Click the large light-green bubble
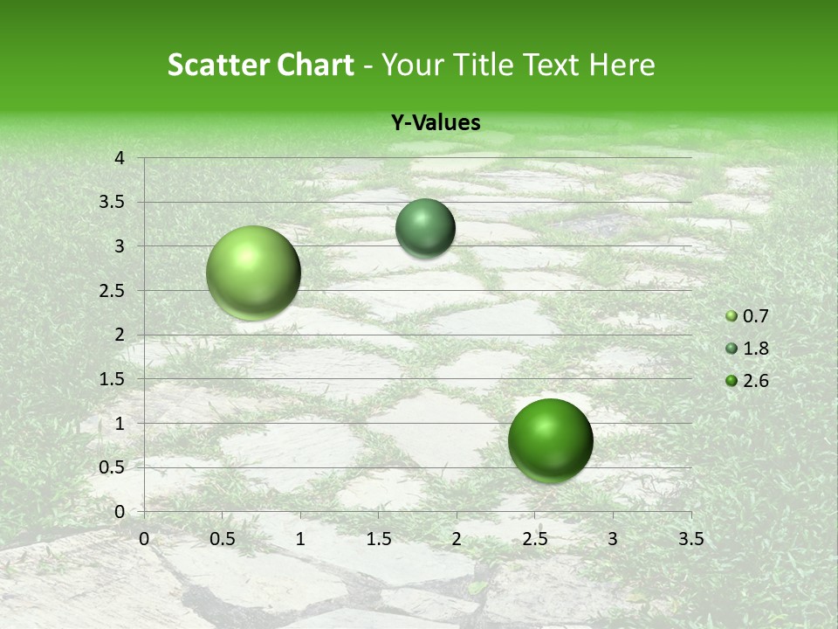[254, 273]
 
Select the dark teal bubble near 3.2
[425, 228]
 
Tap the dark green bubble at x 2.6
[550, 440]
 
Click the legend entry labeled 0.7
[755, 316]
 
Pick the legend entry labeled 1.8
[755, 349]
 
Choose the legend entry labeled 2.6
[755, 381]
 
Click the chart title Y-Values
[436, 123]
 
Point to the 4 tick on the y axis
[120, 158]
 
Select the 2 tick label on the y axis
[120, 335]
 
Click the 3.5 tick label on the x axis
[690, 539]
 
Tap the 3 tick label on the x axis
[613, 539]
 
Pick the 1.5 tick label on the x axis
[378, 539]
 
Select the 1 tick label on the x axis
[300, 539]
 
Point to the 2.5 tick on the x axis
[534, 539]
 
